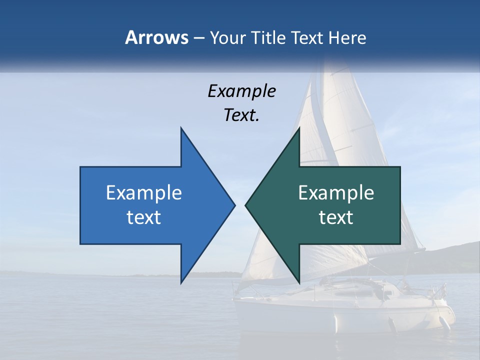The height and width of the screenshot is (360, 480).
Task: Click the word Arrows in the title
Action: click(156, 37)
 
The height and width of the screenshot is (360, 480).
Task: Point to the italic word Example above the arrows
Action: click(241, 91)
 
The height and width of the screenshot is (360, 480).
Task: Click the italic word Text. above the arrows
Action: click(241, 115)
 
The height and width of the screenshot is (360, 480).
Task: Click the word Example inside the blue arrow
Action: click(144, 193)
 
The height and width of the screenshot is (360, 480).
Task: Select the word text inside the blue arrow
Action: click(144, 217)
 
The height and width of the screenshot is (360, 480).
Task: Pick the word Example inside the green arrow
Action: click(336, 193)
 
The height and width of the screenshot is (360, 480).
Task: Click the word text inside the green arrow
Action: click(336, 217)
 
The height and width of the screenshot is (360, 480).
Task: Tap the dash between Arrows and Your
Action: click(198, 38)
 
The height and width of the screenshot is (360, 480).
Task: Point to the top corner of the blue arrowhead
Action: click(181, 128)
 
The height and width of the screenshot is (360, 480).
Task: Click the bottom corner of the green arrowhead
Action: click(299, 282)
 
